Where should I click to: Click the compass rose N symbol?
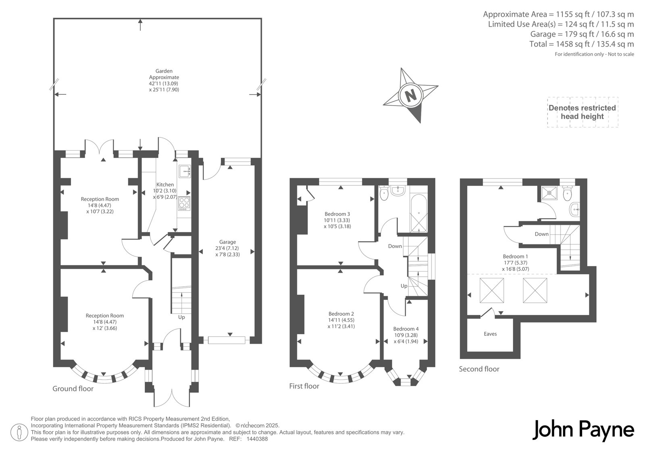410,95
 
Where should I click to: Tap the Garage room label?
227,242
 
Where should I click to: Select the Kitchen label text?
165,185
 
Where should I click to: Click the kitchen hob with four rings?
184,203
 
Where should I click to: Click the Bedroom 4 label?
406,329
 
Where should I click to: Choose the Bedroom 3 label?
337,214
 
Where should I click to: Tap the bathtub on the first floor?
419,213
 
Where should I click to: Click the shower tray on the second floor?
549,193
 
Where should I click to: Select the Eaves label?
490,334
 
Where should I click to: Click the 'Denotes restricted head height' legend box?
583,112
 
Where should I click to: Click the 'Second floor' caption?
479,369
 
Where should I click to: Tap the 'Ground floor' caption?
73,389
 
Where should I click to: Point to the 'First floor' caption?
304,386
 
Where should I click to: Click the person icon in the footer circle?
19,432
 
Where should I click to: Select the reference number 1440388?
257,439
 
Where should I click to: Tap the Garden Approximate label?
164,74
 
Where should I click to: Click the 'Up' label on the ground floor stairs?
181,317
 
